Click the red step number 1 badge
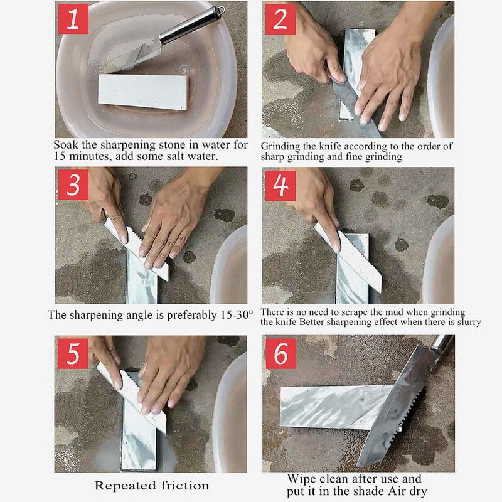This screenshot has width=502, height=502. pyautogui.click(x=73, y=21)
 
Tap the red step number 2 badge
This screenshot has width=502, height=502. pyautogui.click(x=280, y=21)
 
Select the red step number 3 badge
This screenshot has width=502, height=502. pyautogui.click(x=73, y=184)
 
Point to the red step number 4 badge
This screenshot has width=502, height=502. pyautogui.click(x=280, y=184)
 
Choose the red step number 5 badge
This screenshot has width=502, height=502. pyautogui.click(x=73, y=353)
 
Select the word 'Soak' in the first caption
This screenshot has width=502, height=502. pyautogui.click(x=66, y=144)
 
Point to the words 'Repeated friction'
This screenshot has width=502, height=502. pyautogui.click(x=152, y=485)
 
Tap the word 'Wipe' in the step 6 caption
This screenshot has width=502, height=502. pyautogui.click(x=301, y=479)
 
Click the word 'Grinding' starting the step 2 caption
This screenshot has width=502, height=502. pyautogui.click(x=282, y=146)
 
